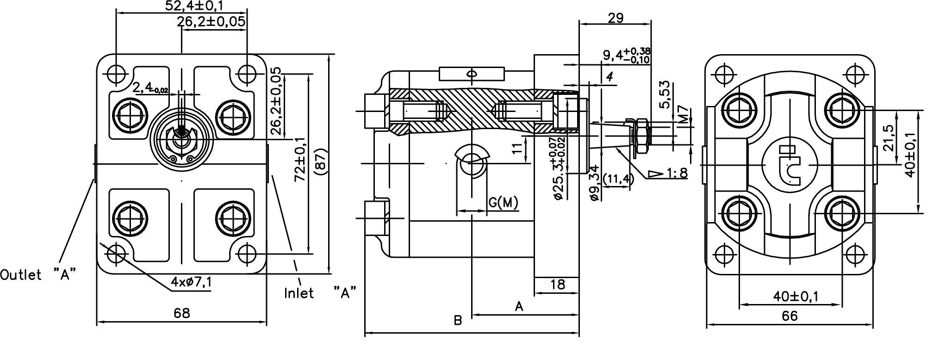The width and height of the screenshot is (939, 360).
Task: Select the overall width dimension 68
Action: (x=182, y=314)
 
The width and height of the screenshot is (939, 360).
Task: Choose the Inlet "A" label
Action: (x=320, y=293)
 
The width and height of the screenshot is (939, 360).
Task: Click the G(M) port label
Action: (x=503, y=203)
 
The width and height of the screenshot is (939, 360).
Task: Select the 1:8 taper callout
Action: (x=677, y=173)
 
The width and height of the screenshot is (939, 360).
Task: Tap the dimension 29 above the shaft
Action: (x=616, y=18)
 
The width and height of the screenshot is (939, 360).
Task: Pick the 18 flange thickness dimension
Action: (x=558, y=285)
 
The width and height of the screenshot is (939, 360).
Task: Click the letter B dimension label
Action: (x=458, y=321)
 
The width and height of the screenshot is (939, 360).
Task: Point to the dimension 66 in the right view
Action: (x=790, y=316)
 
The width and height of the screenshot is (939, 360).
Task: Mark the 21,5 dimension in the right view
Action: (x=888, y=138)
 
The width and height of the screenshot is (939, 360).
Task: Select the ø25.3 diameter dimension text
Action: (x=558, y=169)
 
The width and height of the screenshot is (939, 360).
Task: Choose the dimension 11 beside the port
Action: (x=518, y=148)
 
